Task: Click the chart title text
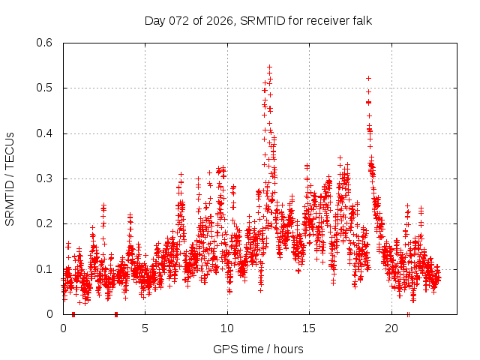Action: (x=258, y=20)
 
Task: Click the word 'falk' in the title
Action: (x=360, y=20)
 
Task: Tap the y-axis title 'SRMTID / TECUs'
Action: (x=10, y=178)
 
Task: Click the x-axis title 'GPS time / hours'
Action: (x=258, y=349)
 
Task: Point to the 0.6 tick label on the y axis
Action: (x=46, y=43)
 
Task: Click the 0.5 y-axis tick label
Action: (x=46, y=88)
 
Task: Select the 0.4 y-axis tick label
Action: (x=46, y=133)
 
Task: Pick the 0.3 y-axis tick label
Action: (x=46, y=178)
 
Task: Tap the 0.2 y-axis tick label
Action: (x=46, y=224)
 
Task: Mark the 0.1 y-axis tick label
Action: (x=46, y=269)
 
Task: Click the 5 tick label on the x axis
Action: (x=145, y=328)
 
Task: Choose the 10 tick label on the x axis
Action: (x=227, y=328)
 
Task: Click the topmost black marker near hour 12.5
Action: (x=269, y=66)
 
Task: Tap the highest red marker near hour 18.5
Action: (x=368, y=78)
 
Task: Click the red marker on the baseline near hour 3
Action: (x=115, y=314)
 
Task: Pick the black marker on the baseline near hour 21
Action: (x=408, y=314)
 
